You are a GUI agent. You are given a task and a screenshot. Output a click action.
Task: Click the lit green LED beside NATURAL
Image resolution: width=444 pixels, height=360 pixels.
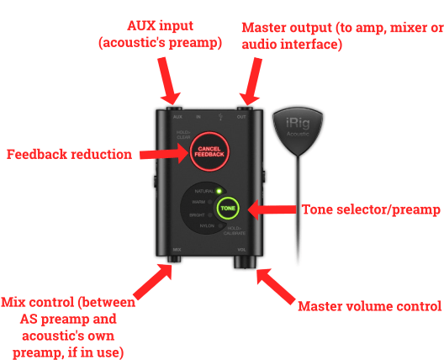(x=217, y=191)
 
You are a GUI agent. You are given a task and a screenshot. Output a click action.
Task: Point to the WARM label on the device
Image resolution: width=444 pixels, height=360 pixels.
(x=199, y=202)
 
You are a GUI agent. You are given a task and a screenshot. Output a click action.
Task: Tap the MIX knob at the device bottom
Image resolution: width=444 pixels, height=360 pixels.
(x=176, y=262)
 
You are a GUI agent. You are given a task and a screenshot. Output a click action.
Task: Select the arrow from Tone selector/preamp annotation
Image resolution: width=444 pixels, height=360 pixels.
(x=270, y=209)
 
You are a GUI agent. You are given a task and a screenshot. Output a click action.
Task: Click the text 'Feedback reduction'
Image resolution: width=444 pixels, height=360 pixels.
(x=69, y=155)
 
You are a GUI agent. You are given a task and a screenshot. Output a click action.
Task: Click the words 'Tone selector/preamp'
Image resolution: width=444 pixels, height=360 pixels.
(x=372, y=209)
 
